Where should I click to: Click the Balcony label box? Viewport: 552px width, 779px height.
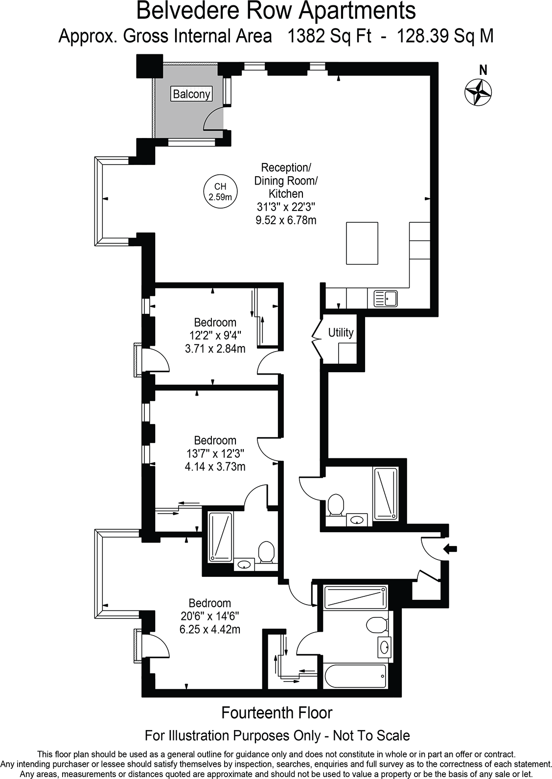(191, 94)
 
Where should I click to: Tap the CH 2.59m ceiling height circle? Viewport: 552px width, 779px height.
(220, 191)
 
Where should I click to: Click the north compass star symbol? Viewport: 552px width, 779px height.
(478, 92)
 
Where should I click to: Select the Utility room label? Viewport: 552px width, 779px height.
(341, 333)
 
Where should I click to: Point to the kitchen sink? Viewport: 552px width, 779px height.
(386, 298)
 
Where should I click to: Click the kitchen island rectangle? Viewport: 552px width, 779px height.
(362, 243)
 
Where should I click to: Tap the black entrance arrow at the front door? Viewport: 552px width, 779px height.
(451, 549)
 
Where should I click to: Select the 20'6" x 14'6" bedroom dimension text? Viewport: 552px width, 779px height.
(210, 616)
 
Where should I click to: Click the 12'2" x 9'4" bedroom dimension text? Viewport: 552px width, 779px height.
(215, 336)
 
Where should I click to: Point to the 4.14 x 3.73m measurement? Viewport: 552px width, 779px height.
(215, 467)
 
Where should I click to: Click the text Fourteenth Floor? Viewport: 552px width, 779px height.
(276, 712)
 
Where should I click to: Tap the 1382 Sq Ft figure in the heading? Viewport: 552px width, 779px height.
(329, 36)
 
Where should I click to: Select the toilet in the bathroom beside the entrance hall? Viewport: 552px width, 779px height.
(336, 504)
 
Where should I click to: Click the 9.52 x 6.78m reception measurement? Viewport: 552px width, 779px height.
(286, 220)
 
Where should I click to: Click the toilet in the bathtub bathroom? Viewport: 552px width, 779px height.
(377, 625)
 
